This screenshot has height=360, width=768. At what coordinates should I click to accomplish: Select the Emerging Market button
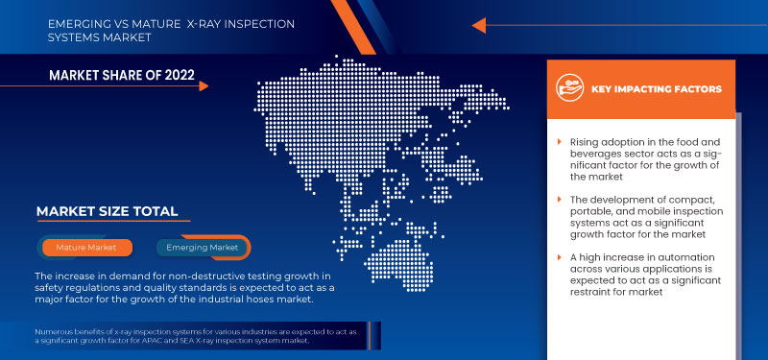203,248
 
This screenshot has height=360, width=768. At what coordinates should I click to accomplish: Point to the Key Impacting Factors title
657,88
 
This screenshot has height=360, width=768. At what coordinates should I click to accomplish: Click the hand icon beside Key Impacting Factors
571,88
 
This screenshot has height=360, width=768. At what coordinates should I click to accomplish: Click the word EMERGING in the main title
78,22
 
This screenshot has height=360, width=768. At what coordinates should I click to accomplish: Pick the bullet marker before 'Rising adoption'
560,142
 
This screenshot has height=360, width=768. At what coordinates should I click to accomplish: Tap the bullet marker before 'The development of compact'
560,199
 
